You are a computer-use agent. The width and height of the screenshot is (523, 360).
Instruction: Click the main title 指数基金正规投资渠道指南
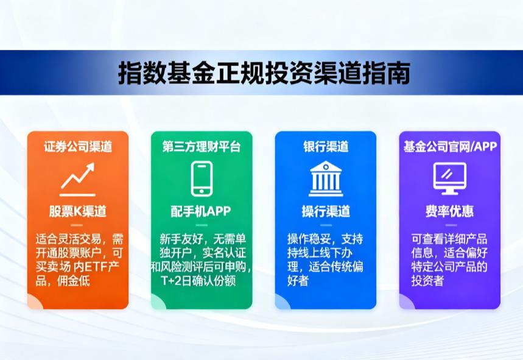pyautogui.click(x=264, y=72)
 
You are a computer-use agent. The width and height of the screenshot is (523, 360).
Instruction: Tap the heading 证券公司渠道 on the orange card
pyautogui.click(x=77, y=147)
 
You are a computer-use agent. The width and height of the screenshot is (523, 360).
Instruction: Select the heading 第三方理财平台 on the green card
pyautogui.click(x=202, y=147)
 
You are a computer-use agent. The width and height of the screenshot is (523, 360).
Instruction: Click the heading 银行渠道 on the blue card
pyautogui.click(x=325, y=147)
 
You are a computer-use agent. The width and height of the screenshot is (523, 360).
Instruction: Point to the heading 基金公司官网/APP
pyautogui.click(x=450, y=147)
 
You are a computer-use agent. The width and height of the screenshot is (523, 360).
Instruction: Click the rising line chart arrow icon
pyautogui.click(x=77, y=176)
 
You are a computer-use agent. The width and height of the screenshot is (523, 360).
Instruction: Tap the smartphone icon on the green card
pyautogui.click(x=201, y=178)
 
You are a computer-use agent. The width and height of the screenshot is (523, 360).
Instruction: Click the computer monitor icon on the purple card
pyautogui.click(x=449, y=177)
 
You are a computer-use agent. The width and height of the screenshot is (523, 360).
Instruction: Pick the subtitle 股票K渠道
pyautogui.click(x=77, y=211)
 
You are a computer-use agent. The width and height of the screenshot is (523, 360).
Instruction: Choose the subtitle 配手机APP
pyautogui.click(x=201, y=211)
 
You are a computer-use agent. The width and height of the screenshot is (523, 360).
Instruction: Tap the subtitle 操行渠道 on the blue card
pyautogui.click(x=325, y=211)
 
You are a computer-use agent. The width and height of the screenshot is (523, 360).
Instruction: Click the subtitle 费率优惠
pyautogui.click(x=449, y=211)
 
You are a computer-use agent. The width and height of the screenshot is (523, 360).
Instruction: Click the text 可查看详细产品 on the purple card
pyautogui.click(x=449, y=238)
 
